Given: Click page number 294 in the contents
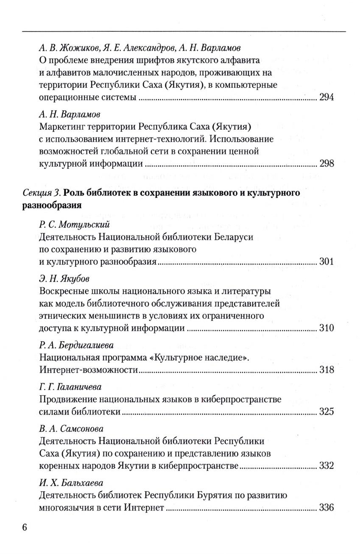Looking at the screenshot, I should [x=327, y=97].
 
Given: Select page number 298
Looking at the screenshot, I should [x=327, y=164].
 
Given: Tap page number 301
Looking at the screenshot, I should [x=327, y=262].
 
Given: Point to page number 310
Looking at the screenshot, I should [x=327, y=329].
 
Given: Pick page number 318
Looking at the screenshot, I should [x=327, y=370].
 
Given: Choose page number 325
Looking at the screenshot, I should [x=327, y=412].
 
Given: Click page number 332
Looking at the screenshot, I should [x=327, y=466].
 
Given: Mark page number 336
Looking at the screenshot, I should [x=327, y=508].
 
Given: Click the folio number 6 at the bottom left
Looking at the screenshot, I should [x=24, y=528].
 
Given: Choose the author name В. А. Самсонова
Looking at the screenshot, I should [x=71, y=429].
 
